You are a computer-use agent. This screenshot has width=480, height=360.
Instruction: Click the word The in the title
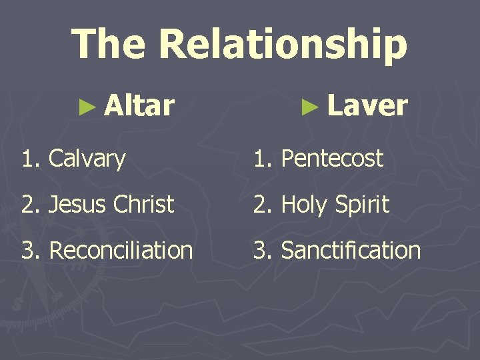tap(108, 43)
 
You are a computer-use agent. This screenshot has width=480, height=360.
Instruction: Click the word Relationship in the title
tap(283, 45)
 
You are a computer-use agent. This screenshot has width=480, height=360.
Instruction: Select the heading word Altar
tap(139, 105)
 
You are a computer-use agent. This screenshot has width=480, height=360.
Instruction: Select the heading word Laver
tap(367, 105)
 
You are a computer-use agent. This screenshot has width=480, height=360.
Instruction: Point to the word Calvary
tap(87, 159)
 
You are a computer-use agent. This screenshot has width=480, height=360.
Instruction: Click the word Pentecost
tap(332, 159)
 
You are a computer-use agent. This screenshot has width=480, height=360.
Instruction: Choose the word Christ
tap(143, 204)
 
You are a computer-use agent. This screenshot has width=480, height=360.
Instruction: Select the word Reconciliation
tap(121, 251)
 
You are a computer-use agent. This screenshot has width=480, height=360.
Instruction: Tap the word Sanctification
tap(351, 251)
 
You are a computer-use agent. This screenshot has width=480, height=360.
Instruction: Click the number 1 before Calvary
tap(27, 159)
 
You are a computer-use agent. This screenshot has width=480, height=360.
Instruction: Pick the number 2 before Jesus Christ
tap(27, 205)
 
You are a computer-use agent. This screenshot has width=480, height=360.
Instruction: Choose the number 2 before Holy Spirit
tap(259, 205)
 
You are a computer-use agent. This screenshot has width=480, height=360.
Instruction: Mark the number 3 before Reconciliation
tap(27, 251)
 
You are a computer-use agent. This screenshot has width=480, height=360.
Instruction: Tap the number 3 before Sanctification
tap(259, 251)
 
